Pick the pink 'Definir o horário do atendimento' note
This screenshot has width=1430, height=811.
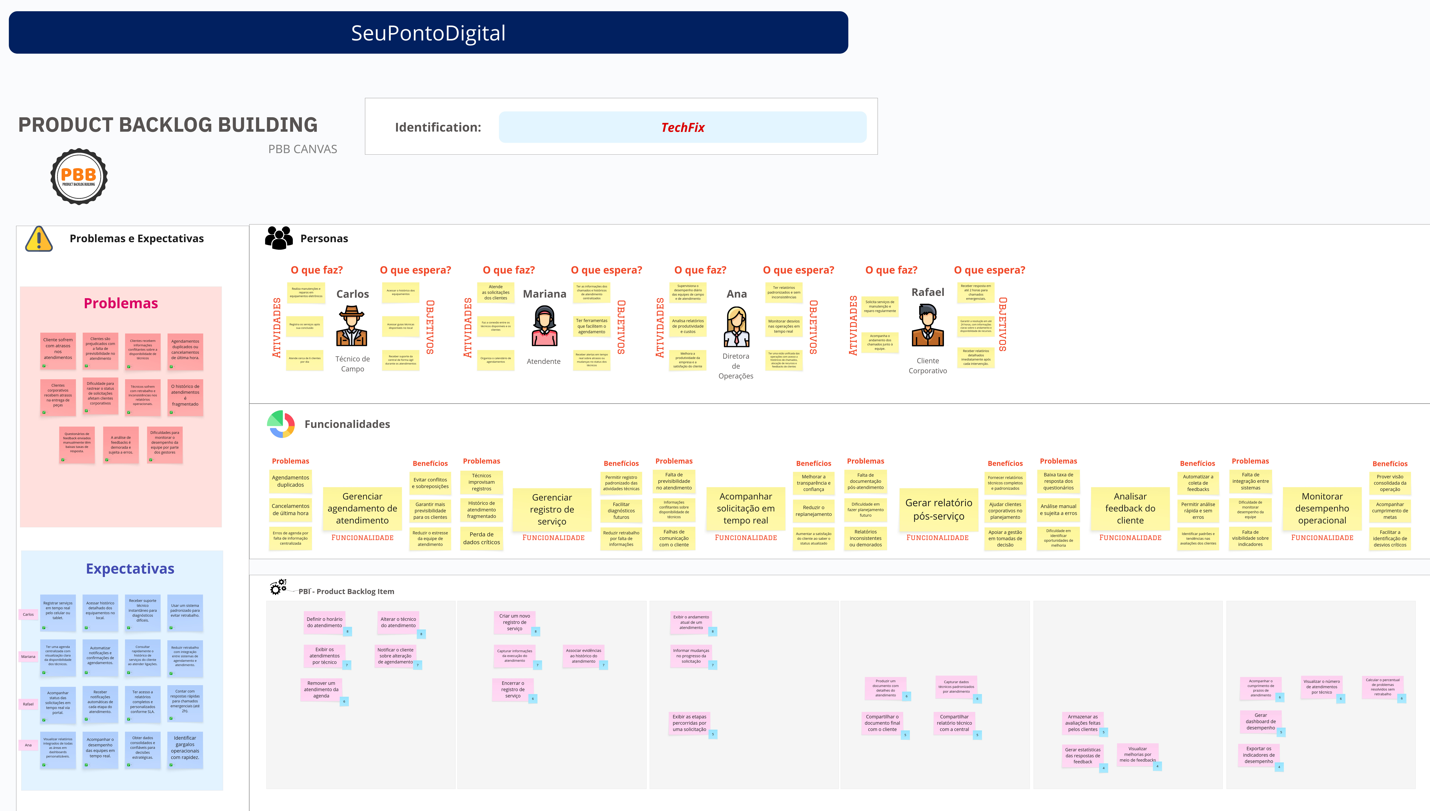tap(325, 622)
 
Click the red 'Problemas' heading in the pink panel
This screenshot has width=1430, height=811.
tap(121, 304)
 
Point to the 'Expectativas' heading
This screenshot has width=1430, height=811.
tap(130, 569)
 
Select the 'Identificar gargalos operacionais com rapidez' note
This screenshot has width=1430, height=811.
tap(185, 748)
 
